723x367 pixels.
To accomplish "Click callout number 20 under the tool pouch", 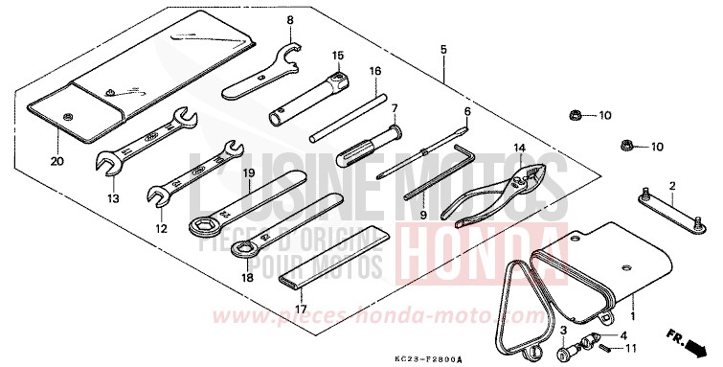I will (56, 161).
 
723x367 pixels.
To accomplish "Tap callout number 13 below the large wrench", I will (113, 198).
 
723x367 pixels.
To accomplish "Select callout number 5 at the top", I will (443, 49).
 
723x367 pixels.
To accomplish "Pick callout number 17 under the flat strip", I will (301, 310).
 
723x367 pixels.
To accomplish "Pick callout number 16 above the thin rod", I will (375, 71).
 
